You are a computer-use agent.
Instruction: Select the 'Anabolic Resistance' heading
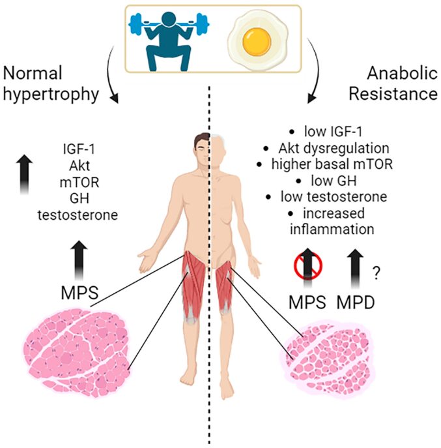coord(392,83)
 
